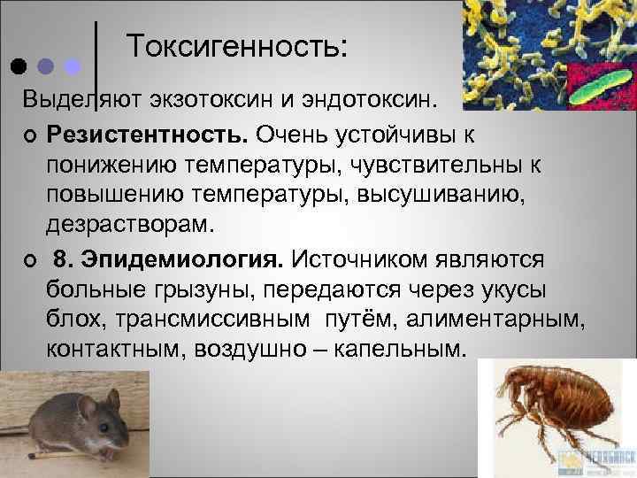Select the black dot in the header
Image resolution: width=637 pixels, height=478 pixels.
[18, 67]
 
